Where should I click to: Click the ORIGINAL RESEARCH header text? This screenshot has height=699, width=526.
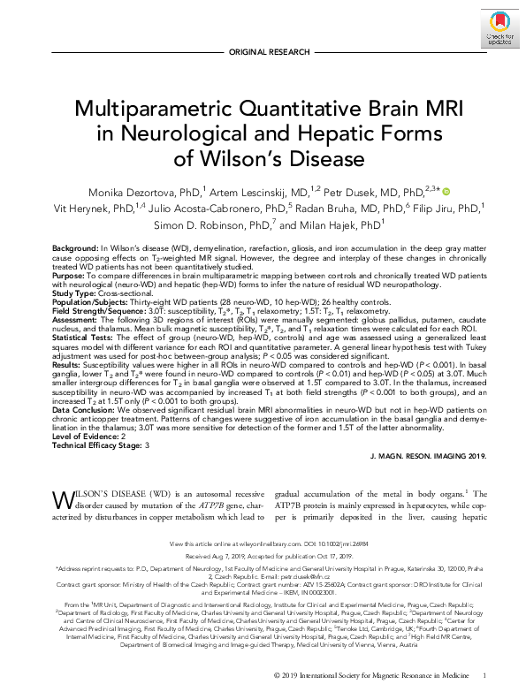(x=263, y=53)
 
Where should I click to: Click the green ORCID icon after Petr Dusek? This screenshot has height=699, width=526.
(x=446, y=192)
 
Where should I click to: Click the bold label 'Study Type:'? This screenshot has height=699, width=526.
(x=73, y=295)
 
